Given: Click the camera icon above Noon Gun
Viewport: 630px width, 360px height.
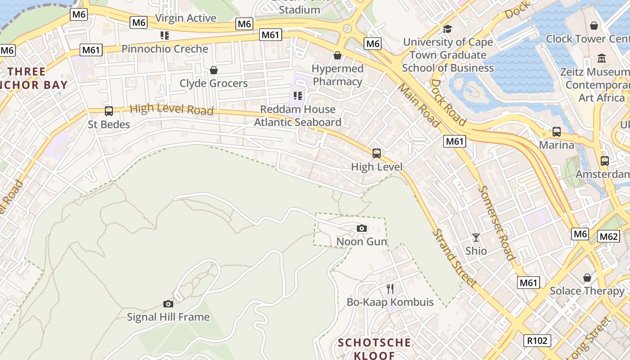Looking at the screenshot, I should (x=361, y=229).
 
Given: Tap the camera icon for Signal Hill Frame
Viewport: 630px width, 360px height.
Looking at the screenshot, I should (x=168, y=304).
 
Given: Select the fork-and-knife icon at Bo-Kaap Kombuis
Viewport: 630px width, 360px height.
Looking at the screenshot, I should (x=390, y=289).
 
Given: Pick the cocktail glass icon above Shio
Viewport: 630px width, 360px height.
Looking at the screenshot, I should (x=476, y=237).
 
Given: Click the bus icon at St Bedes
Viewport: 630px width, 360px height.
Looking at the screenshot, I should (x=108, y=111).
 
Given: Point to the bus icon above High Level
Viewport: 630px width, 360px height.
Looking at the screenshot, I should (x=377, y=153).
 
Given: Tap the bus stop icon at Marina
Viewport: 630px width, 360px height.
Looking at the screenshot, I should (x=557, y=132).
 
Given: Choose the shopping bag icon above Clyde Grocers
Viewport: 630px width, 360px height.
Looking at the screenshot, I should (x=214, y=70).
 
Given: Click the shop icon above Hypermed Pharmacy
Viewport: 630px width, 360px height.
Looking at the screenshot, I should (x=337, y=55).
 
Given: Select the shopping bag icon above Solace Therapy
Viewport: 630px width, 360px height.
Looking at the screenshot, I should (x=587, y=278).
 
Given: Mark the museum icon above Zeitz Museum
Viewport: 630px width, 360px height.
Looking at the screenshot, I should (x=602, y=58).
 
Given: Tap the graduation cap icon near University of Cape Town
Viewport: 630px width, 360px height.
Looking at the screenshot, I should (x=447, y=29).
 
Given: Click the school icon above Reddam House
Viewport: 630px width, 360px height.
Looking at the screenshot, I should (x=297, y=96).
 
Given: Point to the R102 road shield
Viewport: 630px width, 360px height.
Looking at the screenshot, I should (x=538, y=341).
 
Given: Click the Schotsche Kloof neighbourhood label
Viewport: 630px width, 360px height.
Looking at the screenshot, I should (x=374, y=349).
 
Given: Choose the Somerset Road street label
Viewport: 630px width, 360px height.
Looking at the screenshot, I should (x=496, y=223).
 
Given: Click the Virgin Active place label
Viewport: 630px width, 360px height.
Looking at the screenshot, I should (x=185, y=18).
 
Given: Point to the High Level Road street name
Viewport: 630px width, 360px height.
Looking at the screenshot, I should (x=171, y=109).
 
